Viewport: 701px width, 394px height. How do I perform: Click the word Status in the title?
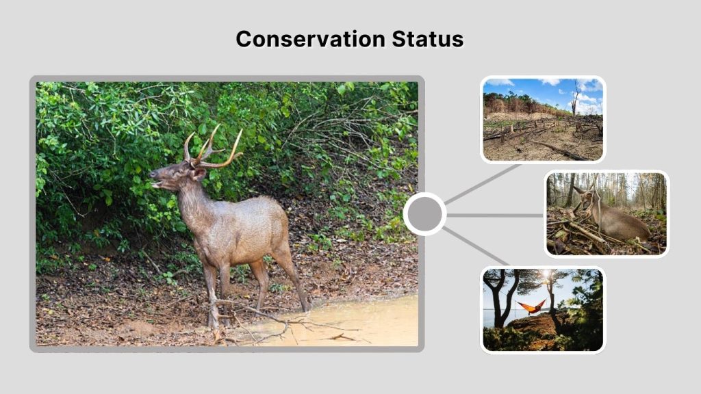428,39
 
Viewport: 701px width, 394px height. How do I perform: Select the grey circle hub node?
424,214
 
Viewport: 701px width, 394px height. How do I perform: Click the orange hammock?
531,306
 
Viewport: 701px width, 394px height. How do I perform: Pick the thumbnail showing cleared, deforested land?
542,120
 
